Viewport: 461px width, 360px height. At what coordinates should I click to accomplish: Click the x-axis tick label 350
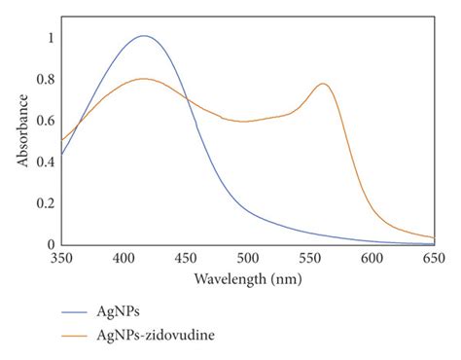[x=62, y=258]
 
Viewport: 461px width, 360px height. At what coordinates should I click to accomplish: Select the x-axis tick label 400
[x=124, y=258]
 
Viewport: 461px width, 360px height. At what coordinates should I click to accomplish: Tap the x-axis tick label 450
[x=186, y=258]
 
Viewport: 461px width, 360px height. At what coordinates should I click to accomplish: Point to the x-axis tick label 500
[x=248, y=258]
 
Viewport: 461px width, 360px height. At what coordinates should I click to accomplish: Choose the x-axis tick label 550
[x=309, y=258]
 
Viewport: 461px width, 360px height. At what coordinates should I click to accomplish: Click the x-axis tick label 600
[x=372, y=258]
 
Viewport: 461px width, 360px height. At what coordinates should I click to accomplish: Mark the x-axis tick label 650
[x=434, y=258]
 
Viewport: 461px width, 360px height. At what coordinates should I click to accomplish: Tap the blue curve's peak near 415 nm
[x=144, y=36]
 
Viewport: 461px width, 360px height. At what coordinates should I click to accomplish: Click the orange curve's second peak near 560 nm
[x=323, y=84]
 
